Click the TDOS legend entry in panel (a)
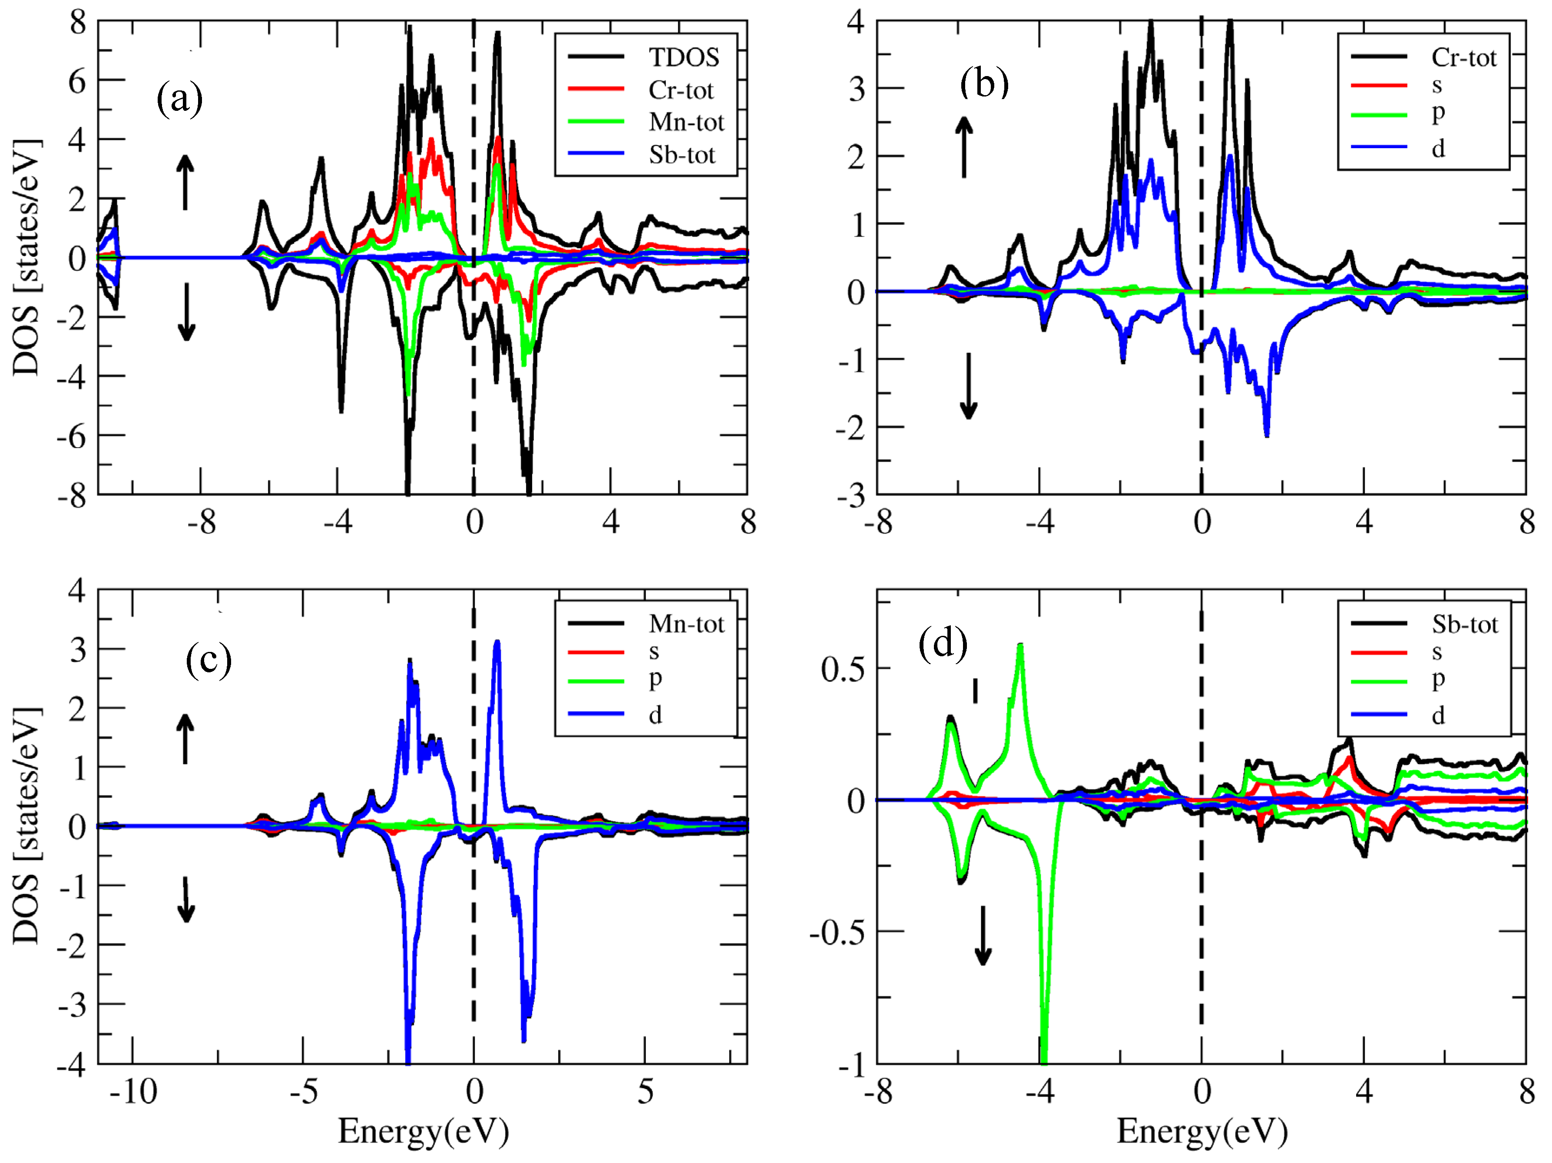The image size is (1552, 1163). coord(683,57)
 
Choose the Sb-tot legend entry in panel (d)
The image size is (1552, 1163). coord(1464,624)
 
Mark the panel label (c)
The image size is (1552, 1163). coord(208,660)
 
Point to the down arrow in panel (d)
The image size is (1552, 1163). coord(983,935)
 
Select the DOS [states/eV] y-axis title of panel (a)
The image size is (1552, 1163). coord(26,258)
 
